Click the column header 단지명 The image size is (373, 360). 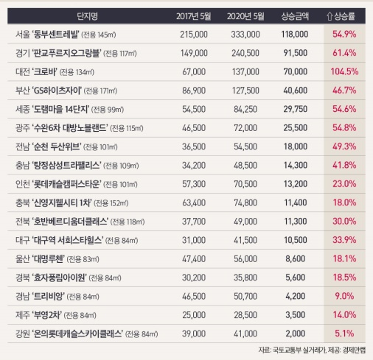pyautogui.click(x=88, y=16)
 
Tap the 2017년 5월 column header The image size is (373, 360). pyautogui.click(x=194, y=16)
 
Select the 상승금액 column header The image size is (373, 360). pyautogui.click(x=295, y=16)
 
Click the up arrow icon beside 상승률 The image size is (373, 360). pyautogui.click(x=330, y=16)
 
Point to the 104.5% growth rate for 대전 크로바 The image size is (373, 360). pyautogui.click(x=344, y=71)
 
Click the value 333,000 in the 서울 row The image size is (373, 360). pyautogui.click(x=245, y=34)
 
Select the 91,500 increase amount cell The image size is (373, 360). pyautogui.click(x=295, y=53)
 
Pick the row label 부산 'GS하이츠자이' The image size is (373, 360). pyautogui.click(x=66, y=91)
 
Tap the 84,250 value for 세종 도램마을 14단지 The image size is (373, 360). pyautogui.click(x=245, y=109)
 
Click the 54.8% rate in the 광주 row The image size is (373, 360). pyautogui.click(x=344, y=127)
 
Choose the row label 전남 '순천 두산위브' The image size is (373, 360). pyautogui.click(x=66, y=147)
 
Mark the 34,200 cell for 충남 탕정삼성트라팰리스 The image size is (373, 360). pyautogui.click(x=194, y=165)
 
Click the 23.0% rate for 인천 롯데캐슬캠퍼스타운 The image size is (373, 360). pyautogui.click(x=344, y=184)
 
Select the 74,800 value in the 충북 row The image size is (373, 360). pyautogui.click(x=245, y=202)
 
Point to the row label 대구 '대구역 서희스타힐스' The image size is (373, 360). pyautogui.click(x=77, y=240)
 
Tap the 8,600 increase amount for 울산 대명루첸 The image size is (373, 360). pyautogui.click(x=295, y=258)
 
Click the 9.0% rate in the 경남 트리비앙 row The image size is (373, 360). pyautogui.click(x=344, y=296)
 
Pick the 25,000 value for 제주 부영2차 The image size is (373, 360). pyautogui.click(x=194, y=315)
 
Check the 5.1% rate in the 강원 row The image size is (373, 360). pyautogui.click(x=344, y=333)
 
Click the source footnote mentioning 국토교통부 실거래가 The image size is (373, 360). pyautogui.click(x=312, y=350)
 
